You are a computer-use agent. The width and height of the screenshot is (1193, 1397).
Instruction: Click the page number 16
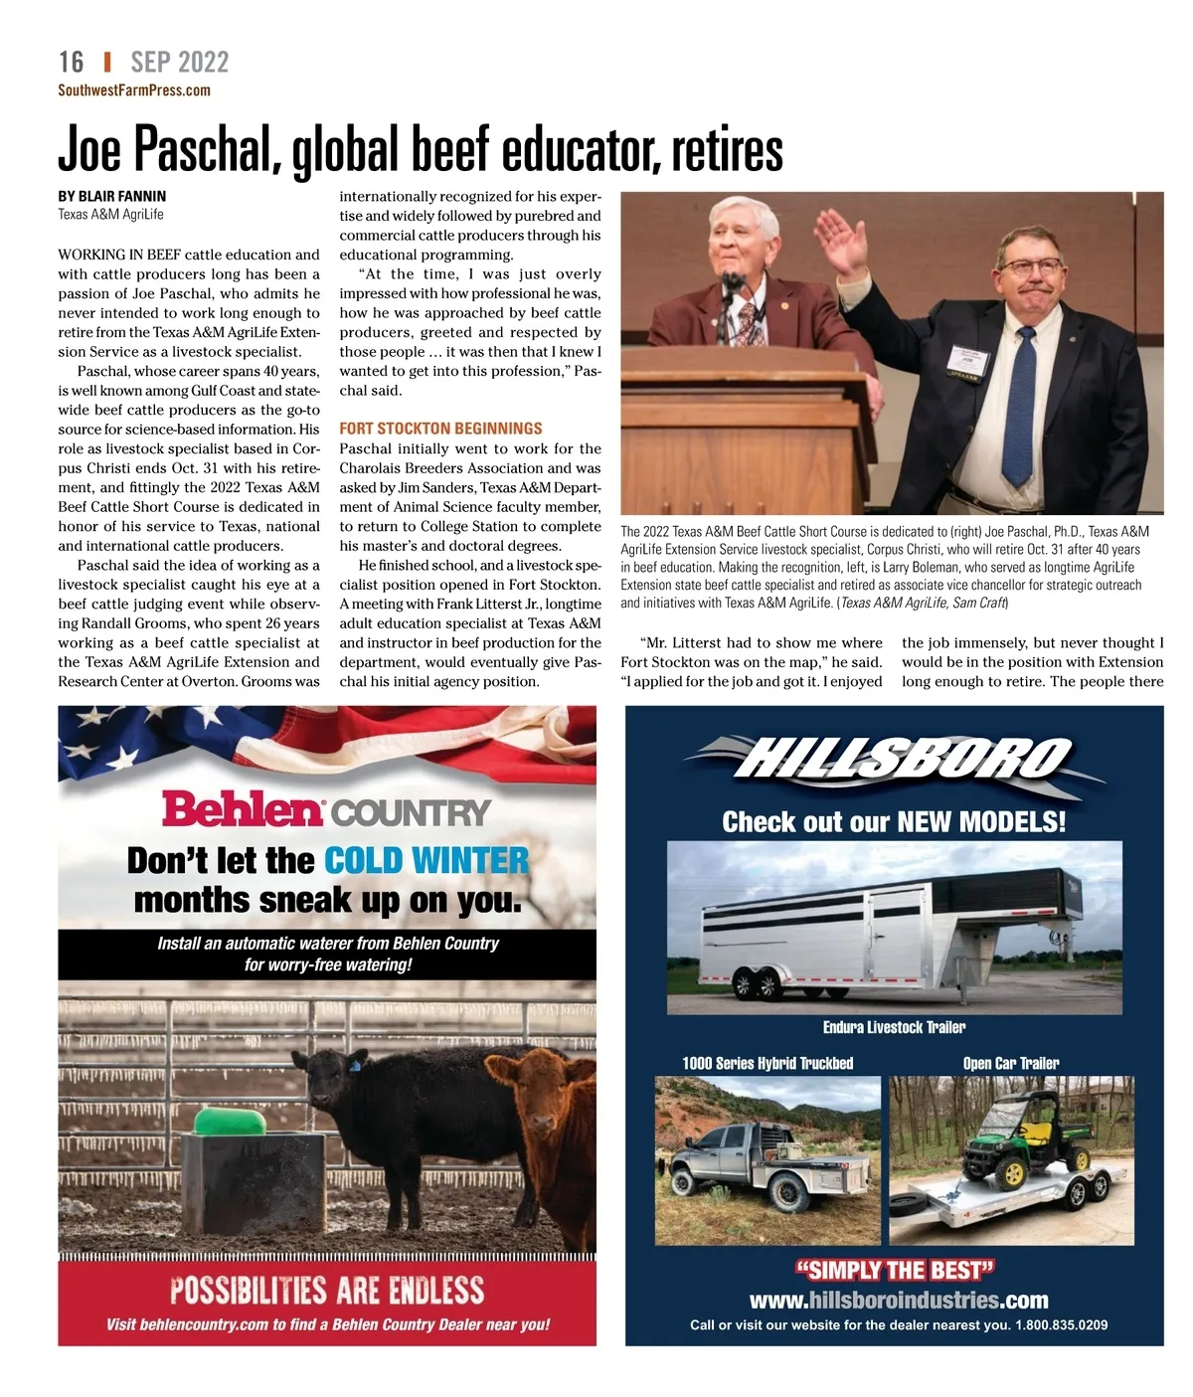pyautogui.click(x=71, y=62)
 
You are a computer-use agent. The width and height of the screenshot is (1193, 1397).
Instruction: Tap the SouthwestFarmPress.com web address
pyautogui.click(x=134, y=90)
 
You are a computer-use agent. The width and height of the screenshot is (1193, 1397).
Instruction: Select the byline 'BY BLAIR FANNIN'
pyautogui.click(x=112, y=196)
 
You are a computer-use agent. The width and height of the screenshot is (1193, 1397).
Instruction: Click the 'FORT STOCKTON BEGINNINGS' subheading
pyautogui.click(x=440, y=429)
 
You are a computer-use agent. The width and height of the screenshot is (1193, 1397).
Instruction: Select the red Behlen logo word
pyautogui.click(x=243, y=809)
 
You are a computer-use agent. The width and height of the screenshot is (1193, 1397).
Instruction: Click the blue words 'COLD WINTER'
pyautogui.click(x=426, y=860)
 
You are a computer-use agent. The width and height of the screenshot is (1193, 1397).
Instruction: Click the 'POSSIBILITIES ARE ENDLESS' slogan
pyautogui.click(x=327, y=1291)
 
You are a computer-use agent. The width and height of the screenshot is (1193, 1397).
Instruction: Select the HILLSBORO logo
pyautogui.click(x=894, y=762)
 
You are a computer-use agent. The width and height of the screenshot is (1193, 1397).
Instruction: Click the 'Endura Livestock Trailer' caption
pyautogui.click(x=894, y=1027)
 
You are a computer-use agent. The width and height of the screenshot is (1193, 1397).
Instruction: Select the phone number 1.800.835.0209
pyautogui.click(x=1061, y=1324)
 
